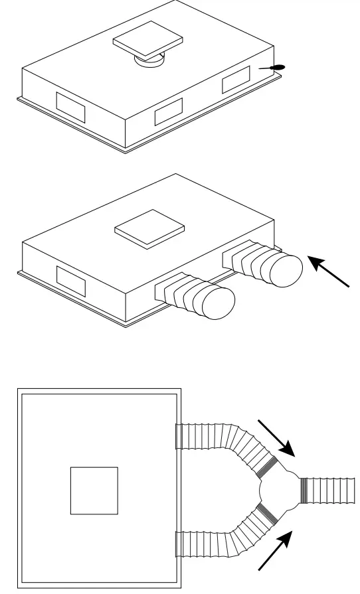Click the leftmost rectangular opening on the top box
click(x=68, y=105)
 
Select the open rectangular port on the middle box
click(x=70, y=281)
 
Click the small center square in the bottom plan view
click(x=94, y=490)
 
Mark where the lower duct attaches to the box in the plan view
click(x=177, y=544)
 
